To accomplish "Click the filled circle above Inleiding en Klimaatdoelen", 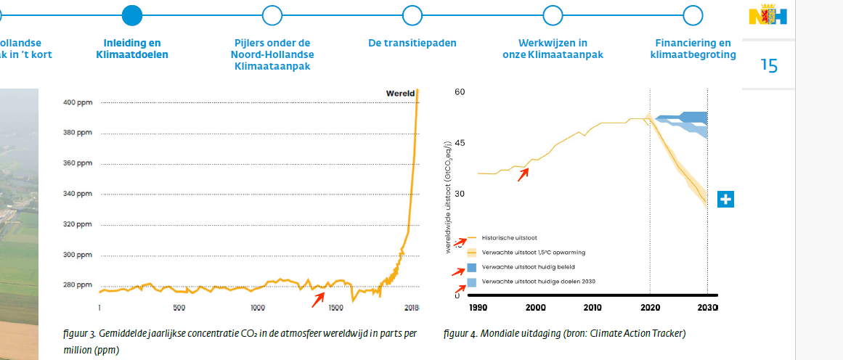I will point(132,15).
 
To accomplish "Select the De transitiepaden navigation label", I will point(412,43).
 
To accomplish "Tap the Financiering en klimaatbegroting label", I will point(693,49).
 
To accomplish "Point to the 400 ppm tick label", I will point(78,102).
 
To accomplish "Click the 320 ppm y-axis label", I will point(78,224).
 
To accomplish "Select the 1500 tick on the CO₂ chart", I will point(336,308).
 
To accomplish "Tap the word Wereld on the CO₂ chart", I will point(400,93).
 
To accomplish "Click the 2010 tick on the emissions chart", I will point(592,308).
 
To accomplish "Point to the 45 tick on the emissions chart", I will point(460,143).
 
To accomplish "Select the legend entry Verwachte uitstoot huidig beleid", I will point(523,267).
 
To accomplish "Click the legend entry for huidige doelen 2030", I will point(529,282).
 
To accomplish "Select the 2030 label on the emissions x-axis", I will point(707,308).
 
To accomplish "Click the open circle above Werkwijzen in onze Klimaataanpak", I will point(553,15).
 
